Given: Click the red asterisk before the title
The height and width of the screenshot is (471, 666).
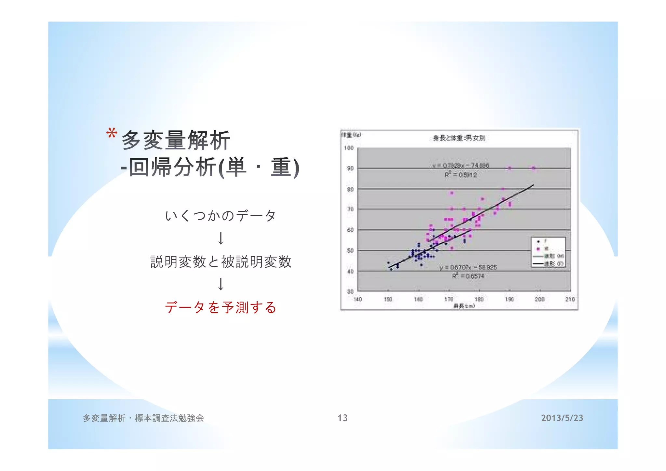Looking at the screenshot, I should pyautogui.click(x=112, y=133).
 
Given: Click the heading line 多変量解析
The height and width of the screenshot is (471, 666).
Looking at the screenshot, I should pyautogui.click(x=176, y=140).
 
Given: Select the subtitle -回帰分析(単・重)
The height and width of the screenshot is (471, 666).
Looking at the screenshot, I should pyautogui.click(x=210, y=168).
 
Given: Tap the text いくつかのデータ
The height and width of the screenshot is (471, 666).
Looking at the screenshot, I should pyautogui.click(x=220, y=215).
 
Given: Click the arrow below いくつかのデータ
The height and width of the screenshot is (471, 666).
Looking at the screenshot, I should pyautogui.click(x=221, y=238).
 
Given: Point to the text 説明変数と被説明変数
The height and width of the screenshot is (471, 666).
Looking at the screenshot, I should pyautogui.click(x=221, y=262).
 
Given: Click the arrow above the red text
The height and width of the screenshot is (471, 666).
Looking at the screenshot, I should pyautogui.click(x=221, y=284).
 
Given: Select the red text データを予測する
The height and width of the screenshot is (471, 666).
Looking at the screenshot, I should pyautogui.click(x=220, y=307).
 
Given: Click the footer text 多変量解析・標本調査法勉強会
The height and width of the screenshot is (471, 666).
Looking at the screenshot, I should pyautogui.click(x=143, y=418).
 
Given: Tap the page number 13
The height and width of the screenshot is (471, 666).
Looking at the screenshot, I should pyautogui.click(x=342, y=418).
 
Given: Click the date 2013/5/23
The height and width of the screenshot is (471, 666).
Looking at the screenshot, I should pyautogui.click(x=562, y=418).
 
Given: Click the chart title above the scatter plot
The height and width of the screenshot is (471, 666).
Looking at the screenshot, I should pyautogui.click(x=459, y=138).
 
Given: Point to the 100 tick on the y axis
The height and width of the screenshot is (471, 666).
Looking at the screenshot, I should pyautogui.click(x=349, y=148).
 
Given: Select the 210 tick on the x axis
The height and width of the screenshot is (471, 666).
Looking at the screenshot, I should pyautogui.click(x=570, y=299).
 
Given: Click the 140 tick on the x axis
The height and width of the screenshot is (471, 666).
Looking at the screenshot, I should pyautogui.click(x=358, y=299).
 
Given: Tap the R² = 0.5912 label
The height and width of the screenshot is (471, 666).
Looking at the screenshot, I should pyautogui.click(x=460, y=175).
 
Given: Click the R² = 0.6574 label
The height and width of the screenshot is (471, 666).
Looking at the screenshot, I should pyautogui.click(x=468, y=276).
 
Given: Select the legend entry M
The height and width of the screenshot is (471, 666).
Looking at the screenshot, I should pyautogui.click(x=546, y=249).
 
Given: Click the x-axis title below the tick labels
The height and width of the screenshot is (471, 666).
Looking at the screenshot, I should pyautogui.click(x=464, y=306).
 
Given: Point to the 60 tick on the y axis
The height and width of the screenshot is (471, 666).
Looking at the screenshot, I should pyautogui.click(x=350, y=230).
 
